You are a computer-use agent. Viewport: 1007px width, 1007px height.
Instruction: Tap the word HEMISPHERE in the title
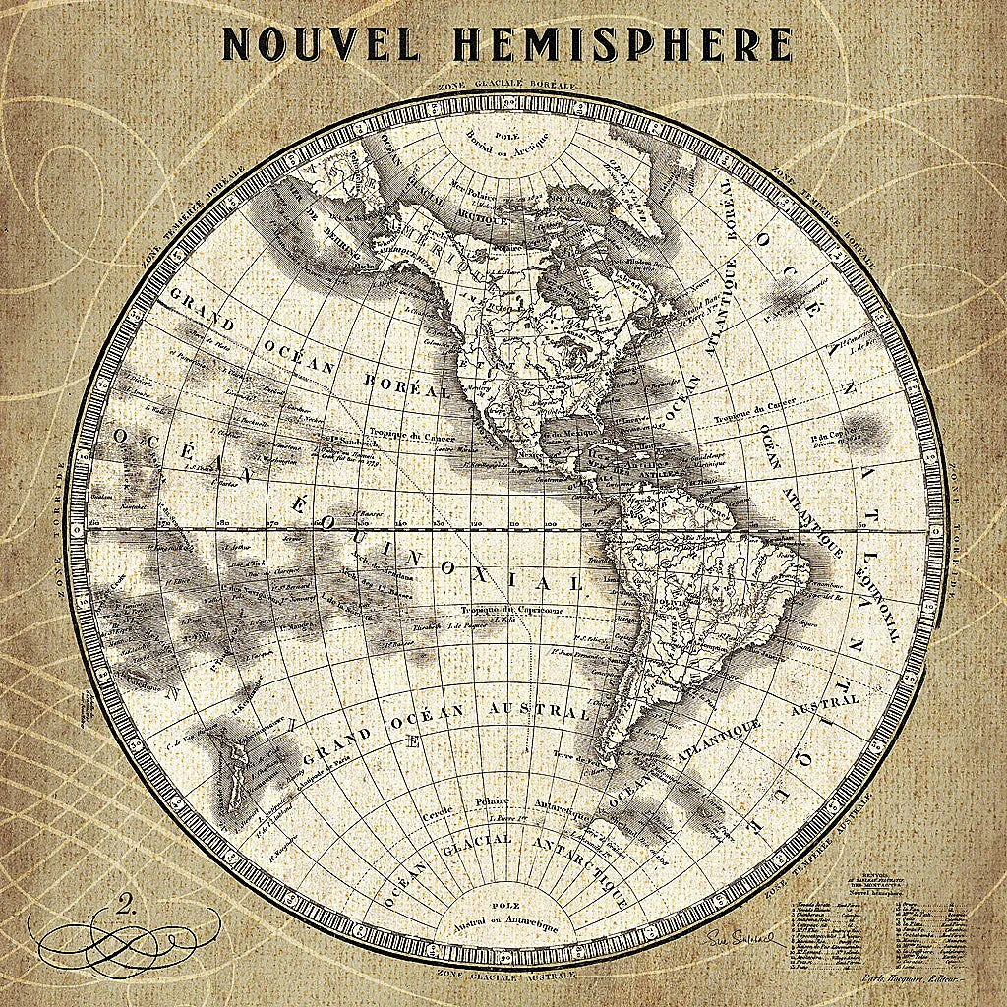pos(622,44)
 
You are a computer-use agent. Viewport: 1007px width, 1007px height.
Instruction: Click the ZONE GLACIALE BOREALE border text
pos(503,87)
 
